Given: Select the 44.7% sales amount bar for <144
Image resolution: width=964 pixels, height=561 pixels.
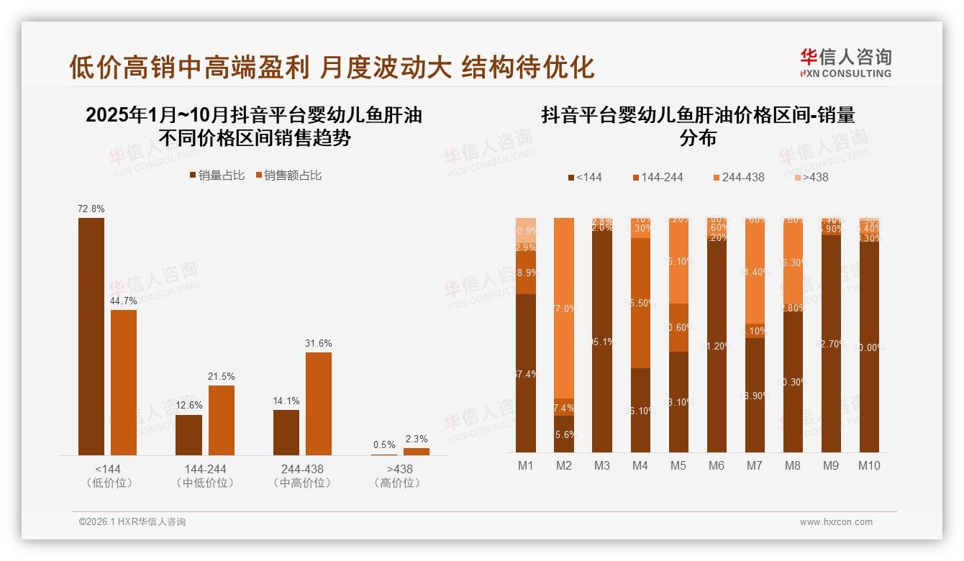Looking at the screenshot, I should [x=124, y=382].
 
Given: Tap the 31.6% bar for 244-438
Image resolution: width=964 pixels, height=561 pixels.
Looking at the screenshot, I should [x=319, y=403].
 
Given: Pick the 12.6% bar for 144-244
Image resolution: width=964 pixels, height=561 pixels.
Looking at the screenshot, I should [x=188, y=434].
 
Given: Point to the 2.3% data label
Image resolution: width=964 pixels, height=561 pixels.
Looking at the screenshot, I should [x=416, y=439].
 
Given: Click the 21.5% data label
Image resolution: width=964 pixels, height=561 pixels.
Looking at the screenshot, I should [x=221, y=376].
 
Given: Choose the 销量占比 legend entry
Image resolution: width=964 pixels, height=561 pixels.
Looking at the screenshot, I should [x=217, y=175].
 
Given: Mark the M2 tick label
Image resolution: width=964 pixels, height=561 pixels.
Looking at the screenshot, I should [x=564, y=465].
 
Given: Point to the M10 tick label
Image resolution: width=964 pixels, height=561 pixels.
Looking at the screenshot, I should [x=869, y=465].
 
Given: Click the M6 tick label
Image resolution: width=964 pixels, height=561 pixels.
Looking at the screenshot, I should [x=717, y=465].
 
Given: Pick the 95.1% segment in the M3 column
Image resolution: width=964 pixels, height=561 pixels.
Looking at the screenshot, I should [x=602, y=342].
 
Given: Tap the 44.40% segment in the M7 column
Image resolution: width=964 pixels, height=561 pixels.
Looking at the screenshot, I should [x=755, y=273].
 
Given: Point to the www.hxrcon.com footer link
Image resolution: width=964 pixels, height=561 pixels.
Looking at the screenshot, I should [x=836, y=522].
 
